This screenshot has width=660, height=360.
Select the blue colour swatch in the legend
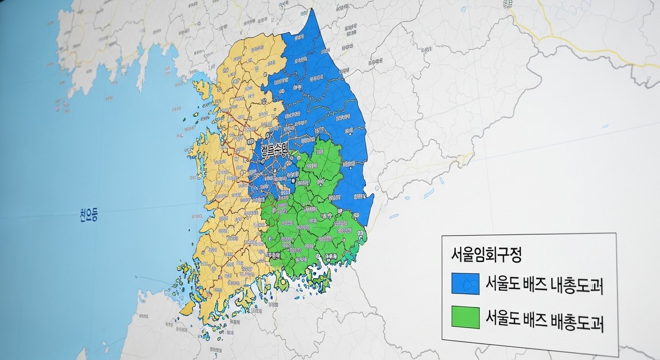click(465, 284)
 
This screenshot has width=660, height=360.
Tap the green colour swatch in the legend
click(465, 317)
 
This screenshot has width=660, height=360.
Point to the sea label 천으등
click(87, 215)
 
